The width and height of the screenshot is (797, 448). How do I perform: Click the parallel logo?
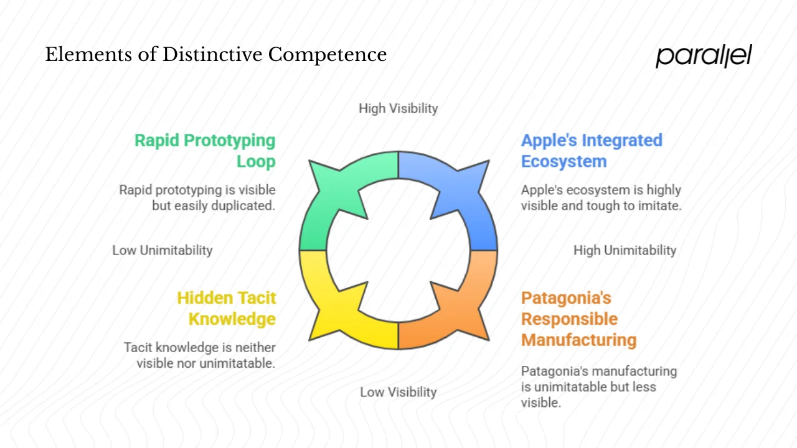point(704,55)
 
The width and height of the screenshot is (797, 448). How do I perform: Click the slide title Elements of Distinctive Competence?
point(216,55)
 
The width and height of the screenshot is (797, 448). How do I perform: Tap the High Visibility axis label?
point(398,108)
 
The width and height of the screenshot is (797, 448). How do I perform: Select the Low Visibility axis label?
point(398,392)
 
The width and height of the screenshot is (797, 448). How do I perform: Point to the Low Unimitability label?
point(163,250)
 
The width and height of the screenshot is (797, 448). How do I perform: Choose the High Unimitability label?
point(625,250)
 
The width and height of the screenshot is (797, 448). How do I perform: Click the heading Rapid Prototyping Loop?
point(205,151)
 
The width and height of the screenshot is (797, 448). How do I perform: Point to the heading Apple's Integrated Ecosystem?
point(592,151)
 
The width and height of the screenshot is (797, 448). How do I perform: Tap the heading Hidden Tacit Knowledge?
point(227,308)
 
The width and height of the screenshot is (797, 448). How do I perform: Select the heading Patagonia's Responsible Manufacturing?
point(578,319)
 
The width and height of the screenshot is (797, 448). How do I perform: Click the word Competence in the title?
point(328,55)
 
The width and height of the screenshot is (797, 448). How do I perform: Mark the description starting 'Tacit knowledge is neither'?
point(200,355)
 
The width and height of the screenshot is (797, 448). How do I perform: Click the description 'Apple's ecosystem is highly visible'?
point(601,197)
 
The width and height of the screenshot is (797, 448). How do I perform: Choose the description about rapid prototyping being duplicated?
point(197,197)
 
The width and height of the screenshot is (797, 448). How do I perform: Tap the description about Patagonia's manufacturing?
point(598,386)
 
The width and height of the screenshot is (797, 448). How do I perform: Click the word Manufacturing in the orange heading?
point(578,340)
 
